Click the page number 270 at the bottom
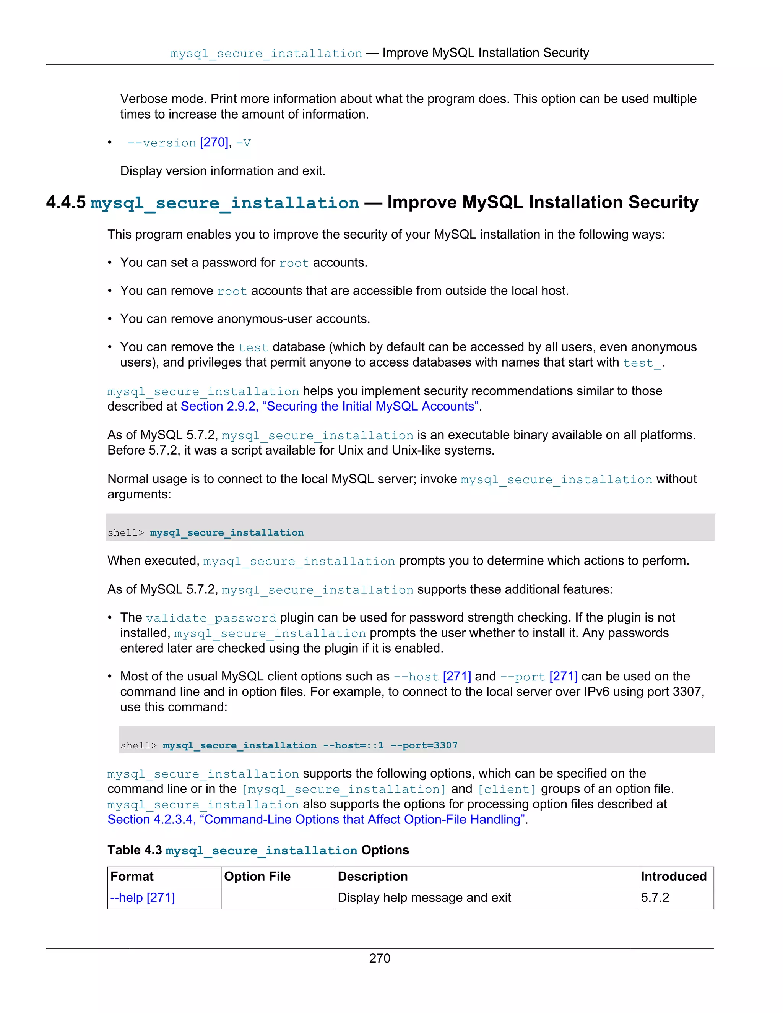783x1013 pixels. click(379, 958)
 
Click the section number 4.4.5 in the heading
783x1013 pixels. click(66, 203)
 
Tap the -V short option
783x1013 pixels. click(243, 143)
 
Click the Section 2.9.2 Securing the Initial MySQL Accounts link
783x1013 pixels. click(329, 406)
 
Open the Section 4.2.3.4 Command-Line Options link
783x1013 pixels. click(317, 820)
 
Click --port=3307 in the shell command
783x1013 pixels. click(424, 745)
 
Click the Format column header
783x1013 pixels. click(132, 877)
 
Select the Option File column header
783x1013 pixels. click(257, 877)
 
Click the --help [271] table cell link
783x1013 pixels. click(142, 898)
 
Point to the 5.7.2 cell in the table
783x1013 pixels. click(655, 898)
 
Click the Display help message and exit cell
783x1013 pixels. click(424, 898)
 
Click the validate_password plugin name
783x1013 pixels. click(211, 618)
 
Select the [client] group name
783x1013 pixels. click(507, 789)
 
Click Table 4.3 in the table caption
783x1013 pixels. click(135, 850)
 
